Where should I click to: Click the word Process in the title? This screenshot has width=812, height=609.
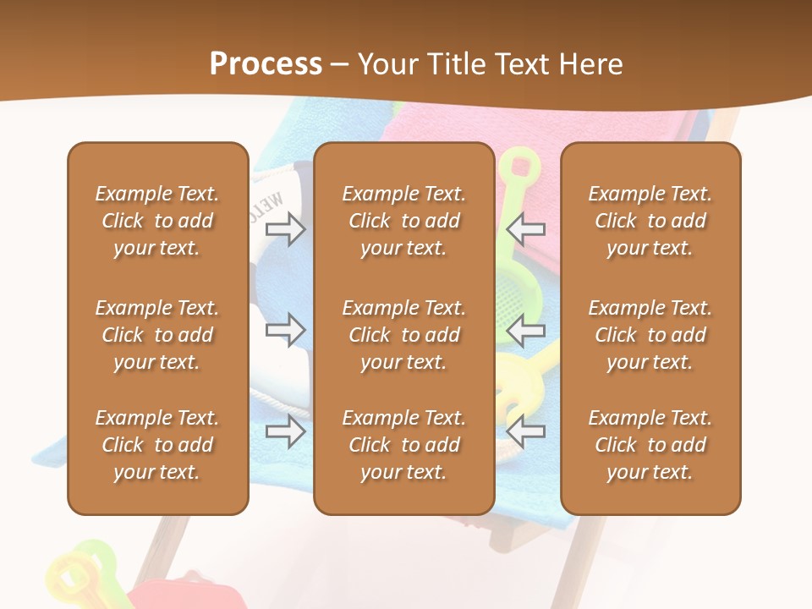(x=266, y=64)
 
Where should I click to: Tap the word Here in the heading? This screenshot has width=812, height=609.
(x=589, y=64)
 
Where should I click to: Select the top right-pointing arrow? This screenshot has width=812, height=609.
(x=286, y=228)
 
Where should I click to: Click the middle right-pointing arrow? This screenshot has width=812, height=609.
(x=286, y=330)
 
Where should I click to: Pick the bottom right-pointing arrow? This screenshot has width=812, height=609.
(x=286, y=431)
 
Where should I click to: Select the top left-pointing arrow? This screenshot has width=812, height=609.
(x=526, y=228)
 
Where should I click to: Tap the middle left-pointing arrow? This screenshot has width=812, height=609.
(x=526, y=330)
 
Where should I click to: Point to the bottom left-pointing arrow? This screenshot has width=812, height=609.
(x=526, y=431)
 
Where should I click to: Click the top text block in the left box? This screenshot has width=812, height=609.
(x=157, y=221)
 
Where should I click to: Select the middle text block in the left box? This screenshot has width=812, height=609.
(x=157, y=335)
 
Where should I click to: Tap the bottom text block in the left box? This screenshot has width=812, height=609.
(x=157, y=445)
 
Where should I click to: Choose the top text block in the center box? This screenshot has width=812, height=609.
(x=404, y=221)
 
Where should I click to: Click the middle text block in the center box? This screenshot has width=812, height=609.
(x=404, y=335)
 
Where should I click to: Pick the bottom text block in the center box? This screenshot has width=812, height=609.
(x=404, y=445)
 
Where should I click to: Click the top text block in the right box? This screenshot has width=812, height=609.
(x=650, y=221)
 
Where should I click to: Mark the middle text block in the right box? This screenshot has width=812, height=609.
(x=650, y=335)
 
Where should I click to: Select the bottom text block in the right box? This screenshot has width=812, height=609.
(x=650, y=445)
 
